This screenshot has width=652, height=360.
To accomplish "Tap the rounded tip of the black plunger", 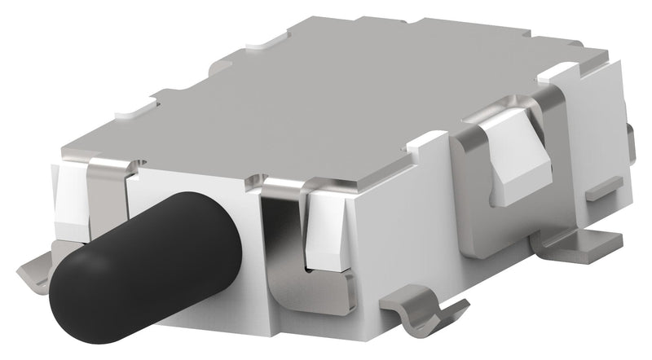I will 81,293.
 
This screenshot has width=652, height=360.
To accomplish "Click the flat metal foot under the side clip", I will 570,244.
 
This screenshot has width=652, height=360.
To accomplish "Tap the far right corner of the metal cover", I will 607,57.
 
